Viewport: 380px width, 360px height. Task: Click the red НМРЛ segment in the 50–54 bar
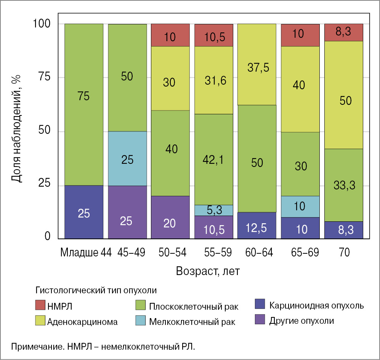click(170, 35)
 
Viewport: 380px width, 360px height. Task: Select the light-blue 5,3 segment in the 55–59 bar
click(213, 210)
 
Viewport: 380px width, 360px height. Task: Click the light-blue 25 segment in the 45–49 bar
click(127, 158)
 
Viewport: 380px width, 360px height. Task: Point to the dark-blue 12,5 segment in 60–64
click(257, 225)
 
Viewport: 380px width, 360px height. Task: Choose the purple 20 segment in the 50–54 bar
click(170, 217)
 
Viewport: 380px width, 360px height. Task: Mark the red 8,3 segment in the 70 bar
click(343, 32)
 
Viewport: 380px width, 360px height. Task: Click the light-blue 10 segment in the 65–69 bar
click(300, 206)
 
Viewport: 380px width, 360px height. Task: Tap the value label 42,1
click(214, 160)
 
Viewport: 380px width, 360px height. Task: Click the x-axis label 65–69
click(300, 252)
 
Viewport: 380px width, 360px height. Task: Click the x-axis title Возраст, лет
click(208, 271)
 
